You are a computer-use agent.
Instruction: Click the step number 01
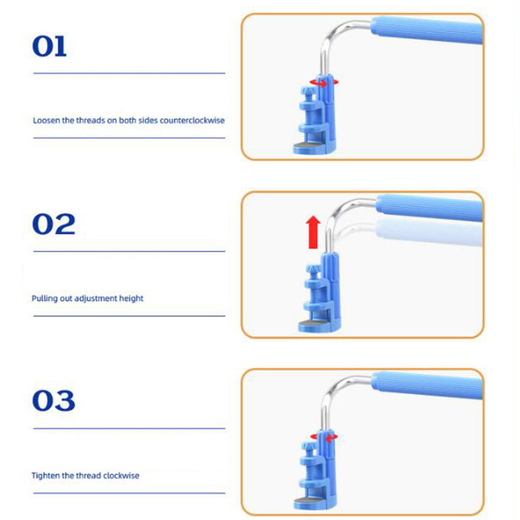tap(49, 46)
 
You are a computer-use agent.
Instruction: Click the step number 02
tap(54, 224)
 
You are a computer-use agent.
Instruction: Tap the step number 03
tap(54, 401)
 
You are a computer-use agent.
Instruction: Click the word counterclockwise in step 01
tap(192, 120)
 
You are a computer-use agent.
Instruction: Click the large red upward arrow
tap(313, 232)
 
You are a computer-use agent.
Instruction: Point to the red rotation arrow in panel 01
tap(323, 83)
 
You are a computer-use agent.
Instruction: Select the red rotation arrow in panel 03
tap(324, 437)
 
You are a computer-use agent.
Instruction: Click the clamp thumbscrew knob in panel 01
tap(308, 91)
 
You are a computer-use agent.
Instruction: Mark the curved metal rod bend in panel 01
tap(336, 36)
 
